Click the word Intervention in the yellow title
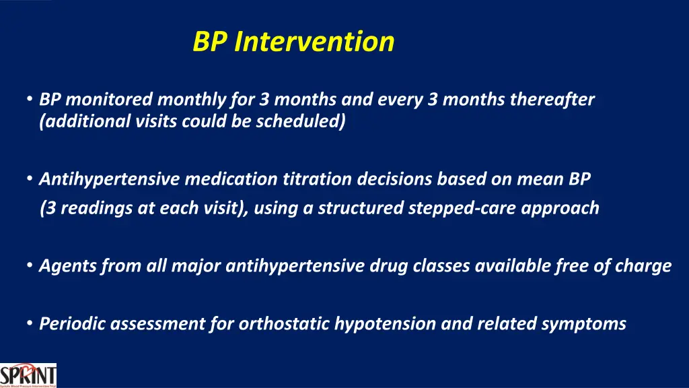tap(314, 42)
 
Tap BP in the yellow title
tap(210, 42)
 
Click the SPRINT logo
tap(28, 375)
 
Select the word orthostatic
tap(284, 324)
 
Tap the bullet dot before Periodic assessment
tap(30, 323)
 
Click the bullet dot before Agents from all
tap(30, 265)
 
